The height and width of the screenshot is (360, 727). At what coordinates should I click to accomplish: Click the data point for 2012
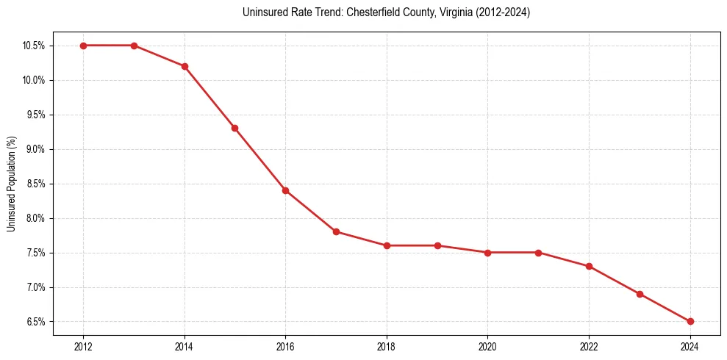(83, 46)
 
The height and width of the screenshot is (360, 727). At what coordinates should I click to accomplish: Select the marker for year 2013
(134, 46)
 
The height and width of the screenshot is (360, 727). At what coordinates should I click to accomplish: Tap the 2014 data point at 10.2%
(185, 66)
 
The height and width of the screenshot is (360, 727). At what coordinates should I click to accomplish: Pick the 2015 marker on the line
(234, 128)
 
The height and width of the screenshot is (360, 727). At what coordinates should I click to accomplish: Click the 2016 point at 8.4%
(285, 190)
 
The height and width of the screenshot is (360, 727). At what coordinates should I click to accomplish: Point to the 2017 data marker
(336, 231)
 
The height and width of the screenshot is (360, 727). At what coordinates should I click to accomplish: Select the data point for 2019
(437, 245)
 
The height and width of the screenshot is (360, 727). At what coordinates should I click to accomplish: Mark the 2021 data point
(538, 253)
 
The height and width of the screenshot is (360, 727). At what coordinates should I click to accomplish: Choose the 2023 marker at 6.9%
(640, 294)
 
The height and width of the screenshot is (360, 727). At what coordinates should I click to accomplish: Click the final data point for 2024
(690, 321)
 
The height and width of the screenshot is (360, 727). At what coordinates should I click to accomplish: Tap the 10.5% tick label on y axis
(34, 46)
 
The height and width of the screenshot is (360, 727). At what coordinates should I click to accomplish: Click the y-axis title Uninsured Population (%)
(12, 184)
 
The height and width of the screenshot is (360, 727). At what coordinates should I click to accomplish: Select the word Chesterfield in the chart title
(380, 12)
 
